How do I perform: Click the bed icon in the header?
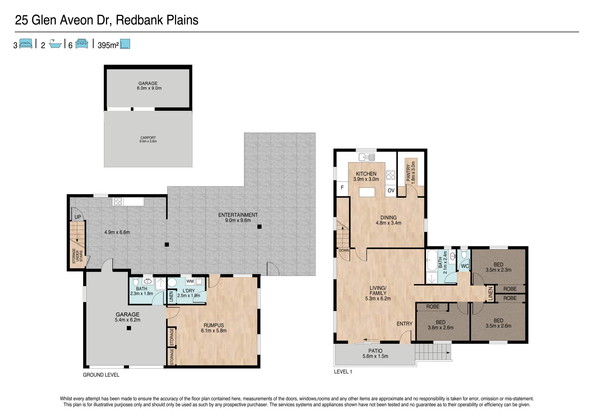click(26, 44)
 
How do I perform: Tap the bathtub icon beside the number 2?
click(55, 44)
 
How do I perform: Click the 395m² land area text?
click(108, 46)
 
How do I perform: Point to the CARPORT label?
click(148, 138)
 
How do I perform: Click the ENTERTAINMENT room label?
click(238, 215)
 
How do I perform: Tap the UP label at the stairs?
click(78, 217)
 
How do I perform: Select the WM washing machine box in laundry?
click(190, 281)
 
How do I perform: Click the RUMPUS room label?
click(214, 325)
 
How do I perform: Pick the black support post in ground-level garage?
click(129, 328)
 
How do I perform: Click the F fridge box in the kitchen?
click(342, 188)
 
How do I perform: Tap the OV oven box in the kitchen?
click(391, 191)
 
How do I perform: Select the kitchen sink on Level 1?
click(367, 157)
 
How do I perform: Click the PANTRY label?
click(409, 174)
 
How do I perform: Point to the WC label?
click(465, 266)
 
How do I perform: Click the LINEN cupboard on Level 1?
click(490, 294)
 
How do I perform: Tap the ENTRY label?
click(404, 324)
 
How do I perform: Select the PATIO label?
click(375, 351)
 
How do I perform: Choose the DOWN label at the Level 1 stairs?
click(344, 250)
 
